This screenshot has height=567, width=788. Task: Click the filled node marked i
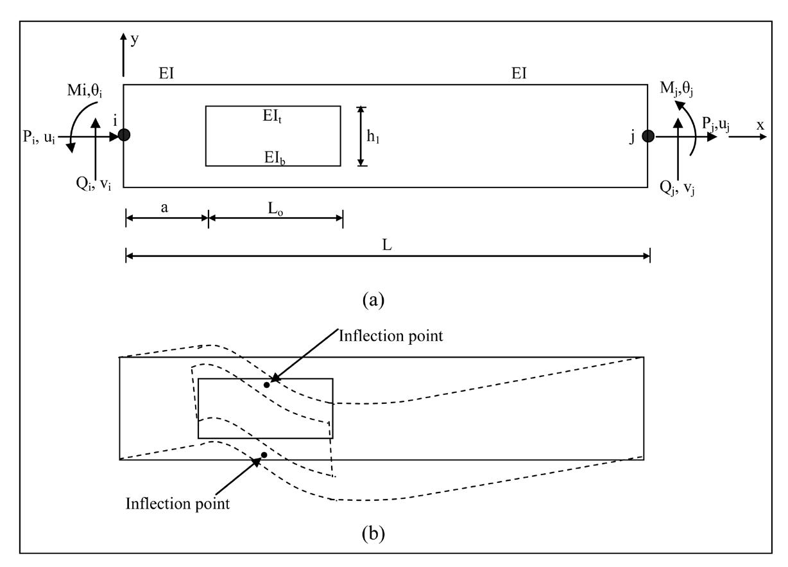pos(124,135)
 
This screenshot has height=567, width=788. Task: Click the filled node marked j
pos(648,135)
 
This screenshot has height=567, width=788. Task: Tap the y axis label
pos(134,39)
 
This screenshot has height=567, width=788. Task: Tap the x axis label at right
pos(760,126)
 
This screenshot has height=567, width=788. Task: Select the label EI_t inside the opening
pos(273,117)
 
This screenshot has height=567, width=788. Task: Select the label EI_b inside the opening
pos(273,157)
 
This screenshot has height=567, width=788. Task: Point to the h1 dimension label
pos(382,137)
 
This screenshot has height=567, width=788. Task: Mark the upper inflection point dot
pos(267,385)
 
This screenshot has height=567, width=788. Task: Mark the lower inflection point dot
pos(264,455)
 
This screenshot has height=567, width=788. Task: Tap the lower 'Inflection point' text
pos(178,503)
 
